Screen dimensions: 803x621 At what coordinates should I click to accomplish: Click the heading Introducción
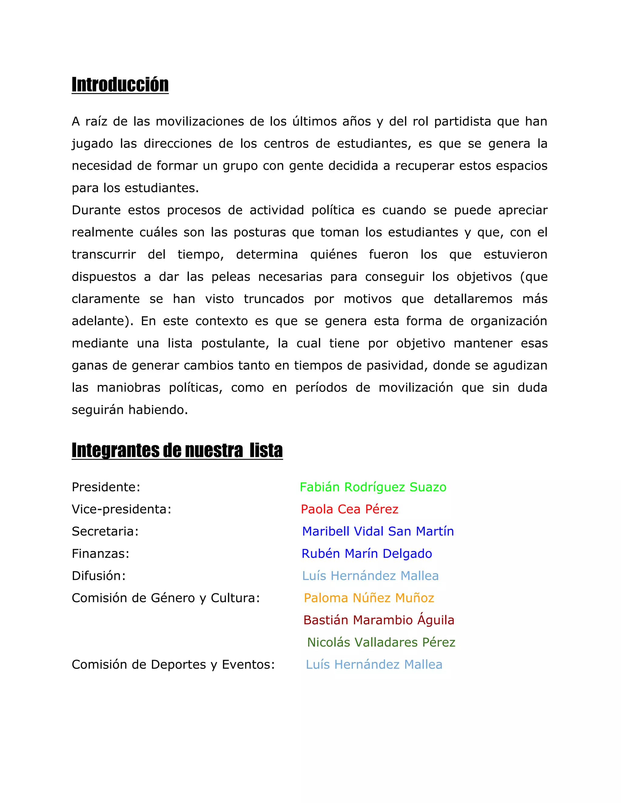[120, 85]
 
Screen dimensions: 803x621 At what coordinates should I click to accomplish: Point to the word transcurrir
[104, 255]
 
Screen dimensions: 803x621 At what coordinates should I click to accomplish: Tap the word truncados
[274, 299]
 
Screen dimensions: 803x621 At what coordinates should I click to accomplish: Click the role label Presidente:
[106, 487]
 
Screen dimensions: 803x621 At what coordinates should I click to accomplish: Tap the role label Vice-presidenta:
[121, 509]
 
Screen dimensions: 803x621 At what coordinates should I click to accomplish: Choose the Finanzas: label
[100, 554]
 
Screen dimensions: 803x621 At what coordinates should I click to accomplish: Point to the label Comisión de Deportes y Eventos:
[173, 665]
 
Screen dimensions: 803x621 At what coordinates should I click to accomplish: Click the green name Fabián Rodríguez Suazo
[373, 487]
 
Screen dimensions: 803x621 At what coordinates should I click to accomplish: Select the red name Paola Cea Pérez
[350, 509]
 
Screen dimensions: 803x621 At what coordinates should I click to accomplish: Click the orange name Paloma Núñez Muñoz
[369, 598]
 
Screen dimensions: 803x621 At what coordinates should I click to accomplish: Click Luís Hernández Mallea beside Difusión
[371, 576]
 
